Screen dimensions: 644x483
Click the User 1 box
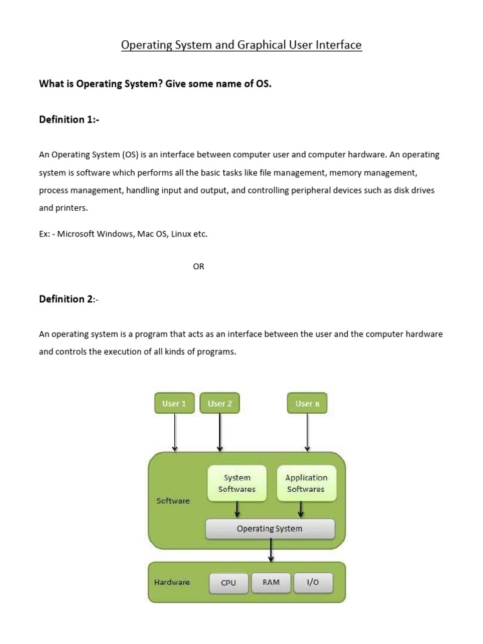click(x=174, y=403)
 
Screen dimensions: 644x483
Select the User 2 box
click(x=219, y=403)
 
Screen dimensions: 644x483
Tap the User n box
click(x=307, y=403)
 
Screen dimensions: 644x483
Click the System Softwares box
click(x=236, y=483)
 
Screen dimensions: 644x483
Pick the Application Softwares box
click(x=306, y=483)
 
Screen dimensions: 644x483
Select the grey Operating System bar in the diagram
click(x=270, y=529)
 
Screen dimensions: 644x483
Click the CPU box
click(x=228, y=582)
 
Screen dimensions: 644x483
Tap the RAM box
click(x=271, y=582)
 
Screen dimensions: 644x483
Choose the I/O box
click(x=313, y=582)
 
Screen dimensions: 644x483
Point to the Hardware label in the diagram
click(x=172, y=582)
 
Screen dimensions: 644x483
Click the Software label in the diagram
click(x=173, y=501)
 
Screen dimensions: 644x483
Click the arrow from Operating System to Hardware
click(x=271, y=550)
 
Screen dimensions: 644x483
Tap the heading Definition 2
click(x=69, y=299)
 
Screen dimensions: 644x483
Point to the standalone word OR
click(x=199, y=267)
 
